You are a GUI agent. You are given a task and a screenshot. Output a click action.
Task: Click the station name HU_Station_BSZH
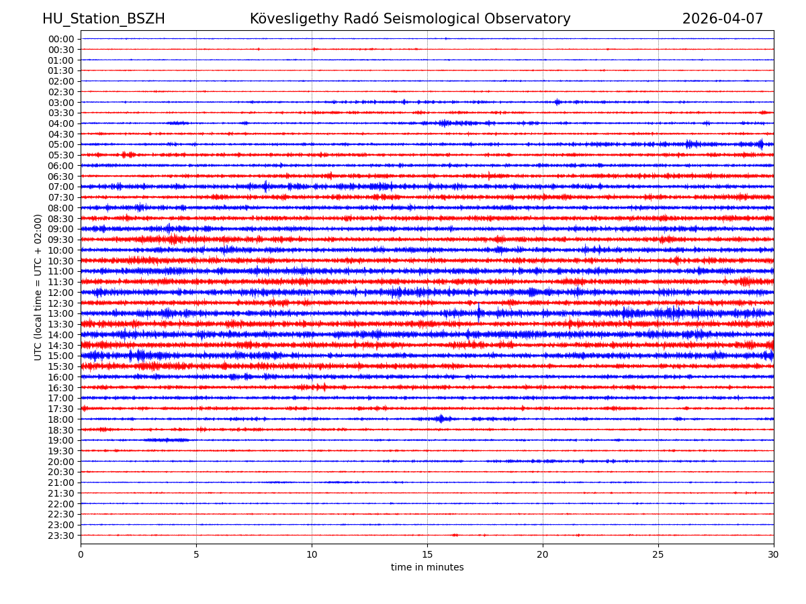coord(103,19)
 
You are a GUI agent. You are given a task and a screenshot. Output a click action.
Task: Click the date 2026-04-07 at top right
coord(723,19)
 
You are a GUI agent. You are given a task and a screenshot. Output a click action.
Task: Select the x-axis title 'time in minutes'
coord(427,568)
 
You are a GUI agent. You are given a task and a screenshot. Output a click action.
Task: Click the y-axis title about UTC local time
coord(38,287)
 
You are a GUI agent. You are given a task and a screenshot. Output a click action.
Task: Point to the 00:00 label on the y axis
coord(61,39)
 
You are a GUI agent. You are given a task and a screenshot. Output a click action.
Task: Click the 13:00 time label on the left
coord(61,313)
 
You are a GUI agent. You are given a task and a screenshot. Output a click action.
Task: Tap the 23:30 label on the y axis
coord(61,536)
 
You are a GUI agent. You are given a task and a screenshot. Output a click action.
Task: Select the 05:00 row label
coord(61,144)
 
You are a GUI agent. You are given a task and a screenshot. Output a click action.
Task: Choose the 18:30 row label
coord(61,430)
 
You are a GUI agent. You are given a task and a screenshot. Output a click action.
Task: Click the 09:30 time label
coord(61,240)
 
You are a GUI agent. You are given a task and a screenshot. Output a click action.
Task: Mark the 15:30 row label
coord(61,366)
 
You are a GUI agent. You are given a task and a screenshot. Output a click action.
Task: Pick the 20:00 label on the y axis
coord(61,462)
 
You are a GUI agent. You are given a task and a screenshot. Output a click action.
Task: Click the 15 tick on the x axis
coord(427,554)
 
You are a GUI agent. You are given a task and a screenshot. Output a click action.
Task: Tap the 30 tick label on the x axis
coord(774,554)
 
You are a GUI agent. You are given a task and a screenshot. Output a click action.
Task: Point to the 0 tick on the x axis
coord(81,554)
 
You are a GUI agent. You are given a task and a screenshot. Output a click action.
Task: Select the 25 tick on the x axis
coord(658,554)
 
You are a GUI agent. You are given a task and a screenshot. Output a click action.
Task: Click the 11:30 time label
coord(61,282)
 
